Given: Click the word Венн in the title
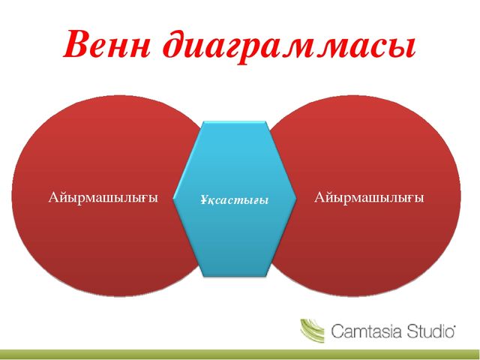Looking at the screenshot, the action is point(107,44).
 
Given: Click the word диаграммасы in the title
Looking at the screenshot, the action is point(289,46).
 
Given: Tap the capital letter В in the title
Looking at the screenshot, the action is point(76,44).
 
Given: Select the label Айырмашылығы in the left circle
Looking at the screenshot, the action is point(103,198).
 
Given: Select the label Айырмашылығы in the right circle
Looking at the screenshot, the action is point(369,198).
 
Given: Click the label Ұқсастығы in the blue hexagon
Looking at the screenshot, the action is point(235,200).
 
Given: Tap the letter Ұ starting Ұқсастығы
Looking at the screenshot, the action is point(204,199).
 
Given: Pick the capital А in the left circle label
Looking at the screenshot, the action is point(53,196).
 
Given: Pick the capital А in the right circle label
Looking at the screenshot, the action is point(319,196).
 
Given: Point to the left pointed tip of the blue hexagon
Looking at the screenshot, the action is point(173,198).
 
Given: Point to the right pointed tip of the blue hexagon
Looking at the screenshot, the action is point(296,198).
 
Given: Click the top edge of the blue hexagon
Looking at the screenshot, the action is point(235,121).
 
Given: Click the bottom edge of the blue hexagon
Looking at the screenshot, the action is point(235,276).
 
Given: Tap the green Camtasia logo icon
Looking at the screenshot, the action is point(312,330).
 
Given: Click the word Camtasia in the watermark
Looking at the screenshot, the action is point(366,331).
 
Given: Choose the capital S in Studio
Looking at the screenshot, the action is point(411,331).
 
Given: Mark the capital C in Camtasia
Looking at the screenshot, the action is point(337,331).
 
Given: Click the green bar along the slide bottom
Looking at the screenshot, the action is point(240,354).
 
